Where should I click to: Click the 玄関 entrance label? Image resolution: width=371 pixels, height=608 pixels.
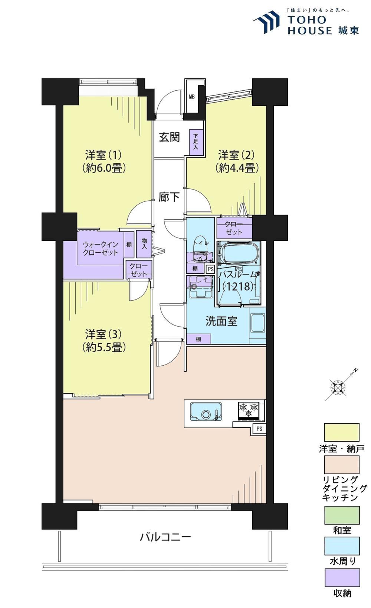pyautogui.click(x=170, y=137)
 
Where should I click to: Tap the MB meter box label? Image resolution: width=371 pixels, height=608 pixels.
pyautogui.click(x=191, y=97)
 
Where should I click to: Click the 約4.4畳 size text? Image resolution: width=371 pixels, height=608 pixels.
pyautogui.click(x=237, y=168)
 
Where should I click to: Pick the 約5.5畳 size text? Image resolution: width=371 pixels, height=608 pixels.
pyautogui.click(x=104, y=347)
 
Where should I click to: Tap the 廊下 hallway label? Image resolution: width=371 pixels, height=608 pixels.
pyautogui.click(x=169, y=197)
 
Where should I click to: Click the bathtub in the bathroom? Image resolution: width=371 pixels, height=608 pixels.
pyautogui.click(x=239, y=253)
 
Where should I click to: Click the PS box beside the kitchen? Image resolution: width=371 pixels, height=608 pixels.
pyautogui.click(x=259, y=428)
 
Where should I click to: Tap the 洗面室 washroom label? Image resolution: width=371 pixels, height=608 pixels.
pyautogui.click(x=221, y=321)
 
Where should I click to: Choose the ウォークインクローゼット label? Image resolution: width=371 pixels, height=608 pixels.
pyautogui.click(x=101, y=248)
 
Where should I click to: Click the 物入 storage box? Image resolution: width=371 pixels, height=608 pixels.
pyautogui.click(x=144, y=244)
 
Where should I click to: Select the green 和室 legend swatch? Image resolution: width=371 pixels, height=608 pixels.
pyautogui.click(x=342, y=515)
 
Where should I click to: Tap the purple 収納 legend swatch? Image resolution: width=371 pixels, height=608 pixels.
pyautogui.click(x=342, y=578)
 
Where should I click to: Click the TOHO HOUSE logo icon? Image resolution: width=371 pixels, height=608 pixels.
pyautogui.click(x=266, y=22)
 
